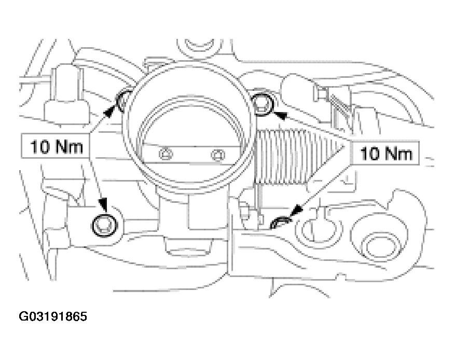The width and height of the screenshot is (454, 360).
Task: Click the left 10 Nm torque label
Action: [57, 147]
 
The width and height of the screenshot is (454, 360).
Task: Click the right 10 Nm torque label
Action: [386, 154]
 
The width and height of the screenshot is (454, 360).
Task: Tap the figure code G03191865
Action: [53, 316]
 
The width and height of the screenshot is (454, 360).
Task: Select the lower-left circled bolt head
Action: [105, 226]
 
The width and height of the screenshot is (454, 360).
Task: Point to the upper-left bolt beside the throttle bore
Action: [123, 101]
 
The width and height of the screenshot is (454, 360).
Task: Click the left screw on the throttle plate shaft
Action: [166, 154]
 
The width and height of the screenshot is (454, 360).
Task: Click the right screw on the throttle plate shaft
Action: [218, 155]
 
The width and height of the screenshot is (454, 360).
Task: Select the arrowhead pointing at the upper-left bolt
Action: [108, 112]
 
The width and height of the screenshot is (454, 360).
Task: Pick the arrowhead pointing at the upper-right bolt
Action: [280, 115]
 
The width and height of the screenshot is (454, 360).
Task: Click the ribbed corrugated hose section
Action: [298, 157]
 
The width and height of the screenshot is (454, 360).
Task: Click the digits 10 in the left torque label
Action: [40, 147]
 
